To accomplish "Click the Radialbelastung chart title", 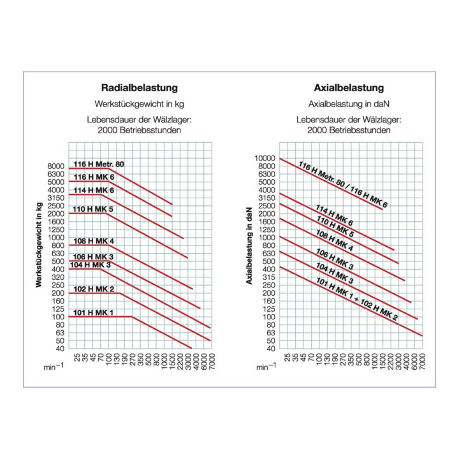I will coord(140,87).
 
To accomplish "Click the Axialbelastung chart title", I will coord(349,87).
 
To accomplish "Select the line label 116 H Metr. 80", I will coord(99,164).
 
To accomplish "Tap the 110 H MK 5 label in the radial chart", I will coord(94,209).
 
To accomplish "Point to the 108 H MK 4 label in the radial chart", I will coord(94,241).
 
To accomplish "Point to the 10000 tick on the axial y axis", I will coord(263,158).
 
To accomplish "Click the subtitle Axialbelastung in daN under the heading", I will coord(349,103).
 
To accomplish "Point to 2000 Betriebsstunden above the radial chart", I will coord(140,130).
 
